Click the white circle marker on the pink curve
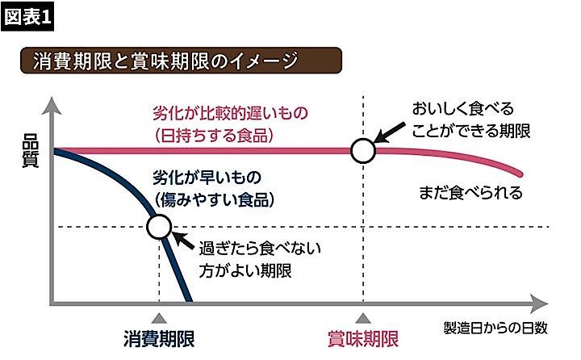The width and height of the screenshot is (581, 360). coord(364,149)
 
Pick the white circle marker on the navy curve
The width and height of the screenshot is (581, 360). coord(160,227)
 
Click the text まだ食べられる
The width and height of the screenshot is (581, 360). coord(471,194)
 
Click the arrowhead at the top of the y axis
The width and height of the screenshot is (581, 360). coord(52,104)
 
